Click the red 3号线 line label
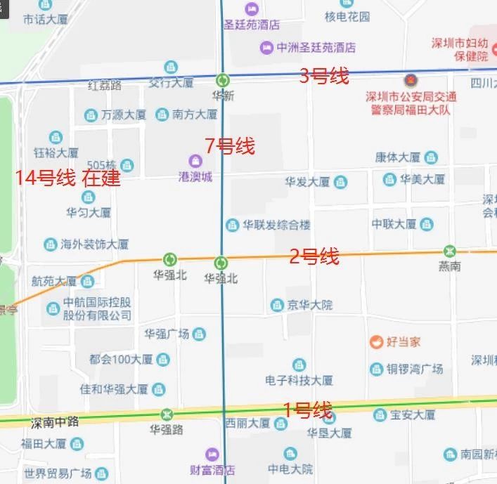click(324, 76)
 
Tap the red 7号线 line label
click(230, 146)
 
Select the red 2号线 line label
click(314, 256)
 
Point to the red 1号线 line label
click(307, 409)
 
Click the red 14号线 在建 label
click(68, 178)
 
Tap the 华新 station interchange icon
click(223, 80)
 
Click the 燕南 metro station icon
click(449, 251)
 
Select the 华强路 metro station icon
click(167, 414)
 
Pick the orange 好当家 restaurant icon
click(377, 342)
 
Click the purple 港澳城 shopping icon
click(195, 161)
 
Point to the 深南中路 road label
click(54, 423)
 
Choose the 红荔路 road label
click(105, 86)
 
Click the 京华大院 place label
click(310, 305)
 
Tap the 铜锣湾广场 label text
click(415, 369)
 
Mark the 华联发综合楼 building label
click(276, 225)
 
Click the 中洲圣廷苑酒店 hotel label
click(316, 48)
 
